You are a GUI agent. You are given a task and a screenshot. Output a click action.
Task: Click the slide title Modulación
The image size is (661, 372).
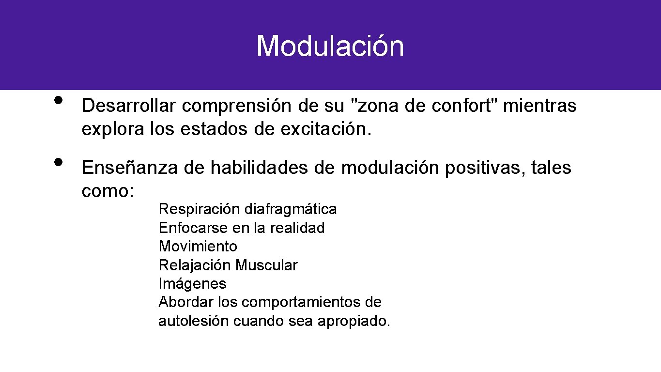[330, 46]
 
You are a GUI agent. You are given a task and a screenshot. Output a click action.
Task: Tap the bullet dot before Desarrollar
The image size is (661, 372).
[59, 100]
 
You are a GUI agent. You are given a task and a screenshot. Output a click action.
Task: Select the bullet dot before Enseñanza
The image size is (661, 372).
[59, 162]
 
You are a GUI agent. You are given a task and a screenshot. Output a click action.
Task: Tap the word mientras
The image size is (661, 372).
[540, 106]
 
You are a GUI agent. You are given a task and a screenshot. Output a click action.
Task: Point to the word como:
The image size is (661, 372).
[108, 191]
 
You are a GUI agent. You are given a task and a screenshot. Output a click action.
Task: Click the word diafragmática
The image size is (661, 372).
[291, 209]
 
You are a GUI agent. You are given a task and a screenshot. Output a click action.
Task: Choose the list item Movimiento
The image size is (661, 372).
[198, 246]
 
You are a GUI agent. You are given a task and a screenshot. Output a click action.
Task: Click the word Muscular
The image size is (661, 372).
[266, 265]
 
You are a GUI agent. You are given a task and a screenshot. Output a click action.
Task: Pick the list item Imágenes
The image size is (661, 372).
[192, 283]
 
